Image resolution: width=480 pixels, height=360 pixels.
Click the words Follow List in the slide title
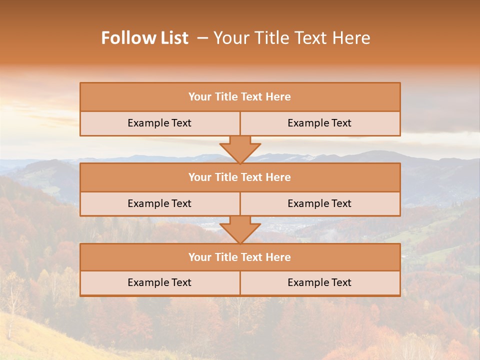pos(145,38)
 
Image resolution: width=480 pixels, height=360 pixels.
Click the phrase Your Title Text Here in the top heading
pos(291,38)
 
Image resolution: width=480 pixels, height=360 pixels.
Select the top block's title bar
pos(240,97)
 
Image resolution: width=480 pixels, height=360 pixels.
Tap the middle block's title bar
pos(240,177)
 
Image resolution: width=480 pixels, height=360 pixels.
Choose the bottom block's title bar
pos(240,257)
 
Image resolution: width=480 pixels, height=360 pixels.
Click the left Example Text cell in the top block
pos(159,123)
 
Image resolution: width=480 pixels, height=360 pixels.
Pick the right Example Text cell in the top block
pos(319,123)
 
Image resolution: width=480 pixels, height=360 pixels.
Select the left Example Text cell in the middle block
pos(159,203)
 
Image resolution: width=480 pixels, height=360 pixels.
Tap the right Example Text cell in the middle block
pos(319,203)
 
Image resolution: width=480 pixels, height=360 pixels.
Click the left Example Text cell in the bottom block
pos(159,282)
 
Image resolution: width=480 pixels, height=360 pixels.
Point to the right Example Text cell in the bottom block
pos(319,282)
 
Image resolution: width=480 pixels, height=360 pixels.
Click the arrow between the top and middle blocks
pos(240,149)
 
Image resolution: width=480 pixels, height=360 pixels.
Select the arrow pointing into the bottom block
pos(240,229)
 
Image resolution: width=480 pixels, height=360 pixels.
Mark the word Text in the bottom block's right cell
pos(340,282)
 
